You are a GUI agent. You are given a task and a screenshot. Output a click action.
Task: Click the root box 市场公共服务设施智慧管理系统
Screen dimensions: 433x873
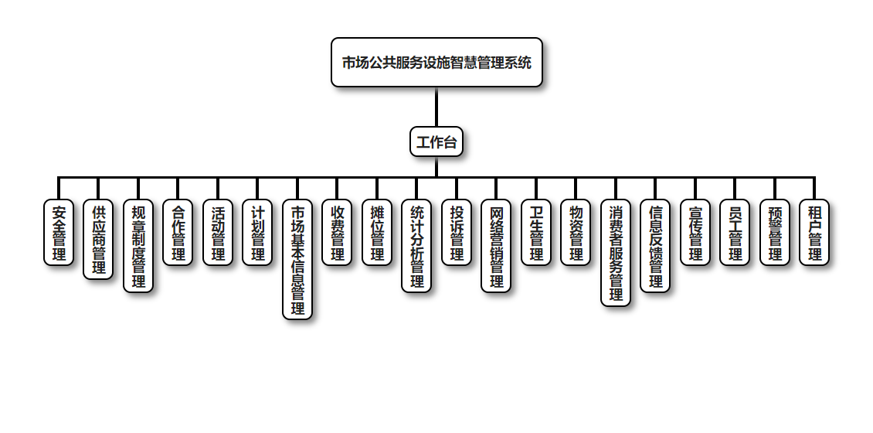tap(436, 63)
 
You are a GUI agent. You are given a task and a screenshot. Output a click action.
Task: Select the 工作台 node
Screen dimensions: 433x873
tap(436, 141)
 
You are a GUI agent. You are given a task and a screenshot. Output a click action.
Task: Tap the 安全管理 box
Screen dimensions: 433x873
tap(59, 233)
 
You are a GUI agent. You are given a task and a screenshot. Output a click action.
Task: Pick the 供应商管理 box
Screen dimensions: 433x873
tap(98, 240)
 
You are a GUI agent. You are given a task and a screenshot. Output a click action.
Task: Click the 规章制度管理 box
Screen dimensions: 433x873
tap(138, 246)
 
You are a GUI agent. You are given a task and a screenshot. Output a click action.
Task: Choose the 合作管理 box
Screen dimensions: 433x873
tap(178, 233)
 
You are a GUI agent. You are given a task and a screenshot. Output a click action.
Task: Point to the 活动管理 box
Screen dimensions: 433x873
tap(218, 233)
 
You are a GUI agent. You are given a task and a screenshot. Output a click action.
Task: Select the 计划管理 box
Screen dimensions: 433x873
tap(257, 233)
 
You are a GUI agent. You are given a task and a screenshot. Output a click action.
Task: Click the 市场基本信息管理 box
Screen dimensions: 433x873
tap(297, 260)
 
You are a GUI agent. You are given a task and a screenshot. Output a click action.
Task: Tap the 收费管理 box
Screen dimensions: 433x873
tap(337, 233)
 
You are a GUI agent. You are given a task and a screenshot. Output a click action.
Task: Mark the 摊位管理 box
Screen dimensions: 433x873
tap(377, 233)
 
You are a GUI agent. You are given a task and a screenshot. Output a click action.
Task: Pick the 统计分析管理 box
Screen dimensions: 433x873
tap(416, 246)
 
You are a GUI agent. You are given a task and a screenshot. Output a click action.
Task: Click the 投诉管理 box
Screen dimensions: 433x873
tap(457, 233)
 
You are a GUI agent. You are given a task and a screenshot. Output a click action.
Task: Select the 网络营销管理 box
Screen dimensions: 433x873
tap(496, 246)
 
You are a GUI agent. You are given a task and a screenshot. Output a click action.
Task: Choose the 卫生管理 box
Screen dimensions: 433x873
tap(536, 233)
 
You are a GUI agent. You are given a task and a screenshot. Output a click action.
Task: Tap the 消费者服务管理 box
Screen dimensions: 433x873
tap(616, 253)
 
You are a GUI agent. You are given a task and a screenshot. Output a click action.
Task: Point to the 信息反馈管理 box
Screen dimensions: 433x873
tap(655, 246)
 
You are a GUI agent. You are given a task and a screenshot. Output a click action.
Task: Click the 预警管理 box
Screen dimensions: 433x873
tap(775, 233)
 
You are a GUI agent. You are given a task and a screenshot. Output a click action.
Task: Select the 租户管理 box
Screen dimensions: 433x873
tap(814, 233)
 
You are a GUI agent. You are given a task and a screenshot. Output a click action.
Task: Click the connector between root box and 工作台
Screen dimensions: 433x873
tap(436, 107)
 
